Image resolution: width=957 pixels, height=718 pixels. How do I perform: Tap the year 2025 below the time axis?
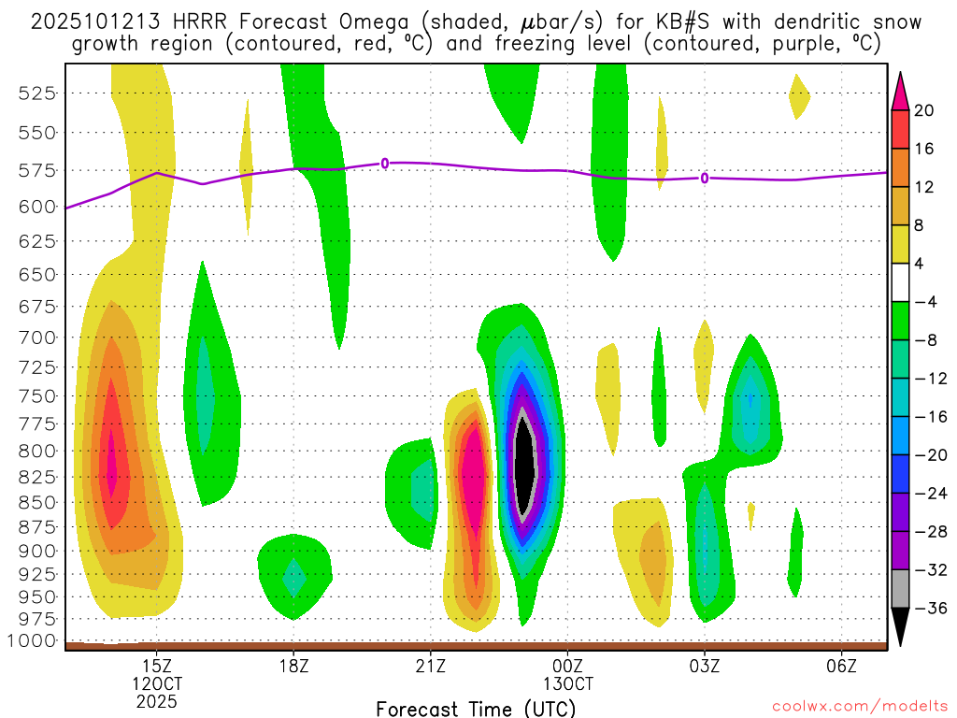(x=156, y=700)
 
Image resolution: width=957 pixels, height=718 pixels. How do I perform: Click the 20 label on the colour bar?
(x=924, y=110)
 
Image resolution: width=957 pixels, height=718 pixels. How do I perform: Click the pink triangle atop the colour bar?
(x=900, y=91)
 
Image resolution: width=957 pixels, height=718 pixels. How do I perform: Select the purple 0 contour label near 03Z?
(x=705, y=178)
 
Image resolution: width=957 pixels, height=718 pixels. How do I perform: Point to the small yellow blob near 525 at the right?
(x=798, y=95)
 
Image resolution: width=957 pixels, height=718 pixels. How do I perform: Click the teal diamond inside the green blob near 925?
(x=294, y=577)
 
